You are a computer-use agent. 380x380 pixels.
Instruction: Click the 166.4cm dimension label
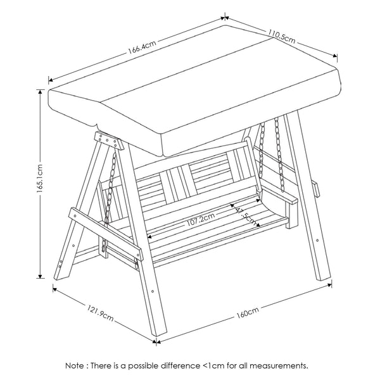[142, 47]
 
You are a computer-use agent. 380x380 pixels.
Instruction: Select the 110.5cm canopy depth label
[282, 37]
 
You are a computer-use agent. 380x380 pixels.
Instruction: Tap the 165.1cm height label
[40, 179]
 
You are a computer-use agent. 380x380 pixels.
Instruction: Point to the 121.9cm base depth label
[100, 313]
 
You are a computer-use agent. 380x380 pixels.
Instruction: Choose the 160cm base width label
[248, 312]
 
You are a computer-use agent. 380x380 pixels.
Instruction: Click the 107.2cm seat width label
[200, 220]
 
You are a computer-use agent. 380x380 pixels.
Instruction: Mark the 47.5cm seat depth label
[245, 215]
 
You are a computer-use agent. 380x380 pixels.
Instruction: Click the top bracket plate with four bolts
[108, 141]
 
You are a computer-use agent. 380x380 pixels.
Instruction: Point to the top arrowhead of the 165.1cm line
[41, 91]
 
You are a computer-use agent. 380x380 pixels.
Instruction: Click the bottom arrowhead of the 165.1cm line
[41, 276]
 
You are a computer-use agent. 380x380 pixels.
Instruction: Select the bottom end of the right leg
[324, 278]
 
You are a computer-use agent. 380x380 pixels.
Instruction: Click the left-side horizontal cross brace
[105, 234]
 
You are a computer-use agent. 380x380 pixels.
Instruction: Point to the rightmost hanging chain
[279, 155]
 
